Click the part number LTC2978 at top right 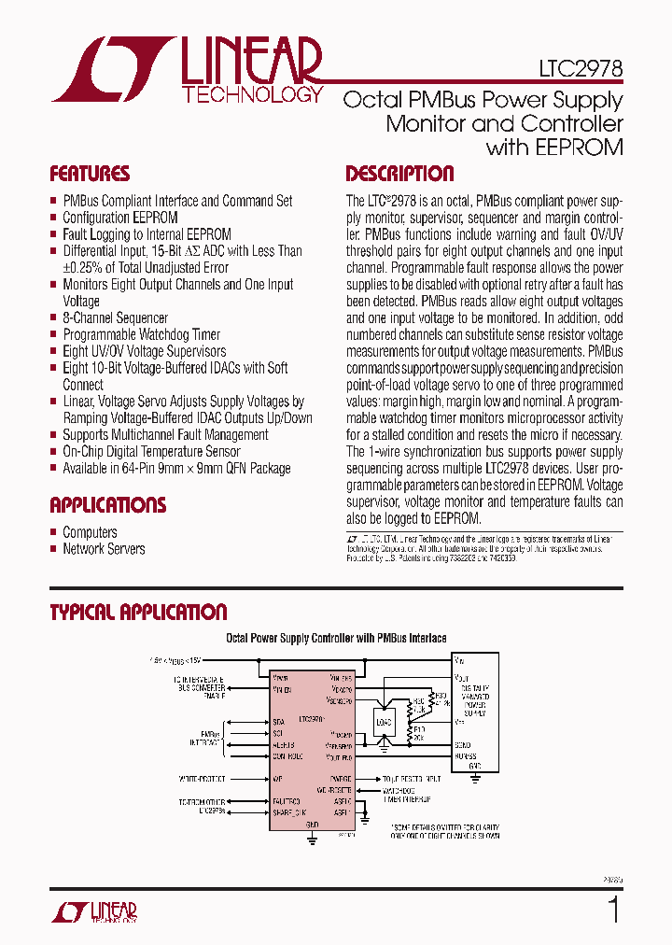[x=580, y=69]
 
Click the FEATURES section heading [x=90, y=174]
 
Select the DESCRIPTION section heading [x=399, y=174]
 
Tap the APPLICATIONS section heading [x=107, y=505]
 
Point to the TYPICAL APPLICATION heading [x=138, y=613]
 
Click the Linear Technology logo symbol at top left [x=110, y=70]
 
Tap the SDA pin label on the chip [x=278, y=722]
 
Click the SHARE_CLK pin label [x=288, y=811]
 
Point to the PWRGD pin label [x=341, y=778]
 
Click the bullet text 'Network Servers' [x=104, y=549]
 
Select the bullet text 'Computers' [x=90, y=532]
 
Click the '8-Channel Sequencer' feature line [x=115, y=317]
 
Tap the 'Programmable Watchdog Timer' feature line [x=141, y=334]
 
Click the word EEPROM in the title [x=581, y=147]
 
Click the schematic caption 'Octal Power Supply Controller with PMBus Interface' [x=336, y=638]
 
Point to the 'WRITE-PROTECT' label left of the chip [x=203, y=778]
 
